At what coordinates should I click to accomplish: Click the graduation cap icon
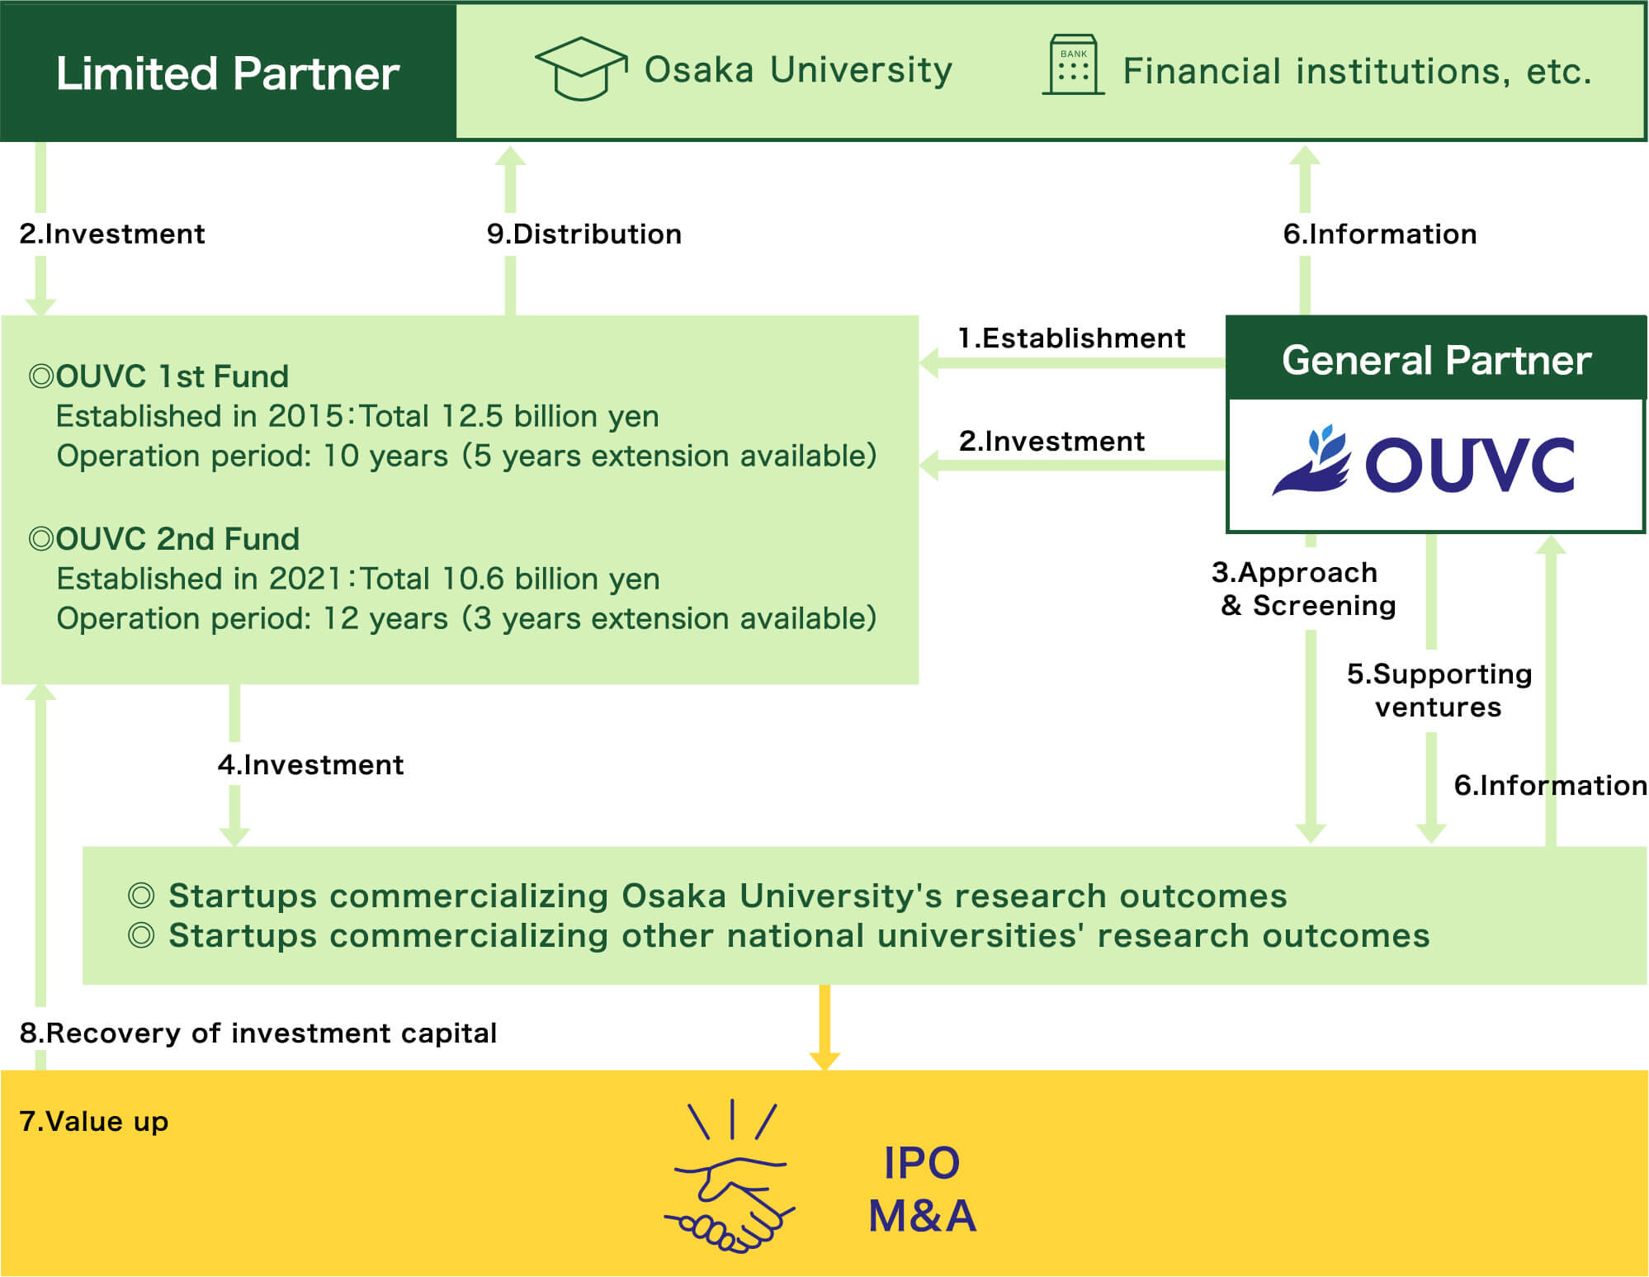click(581, 69)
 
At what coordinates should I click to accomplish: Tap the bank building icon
click(1073, 65)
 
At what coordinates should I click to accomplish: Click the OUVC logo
click(1424, 462)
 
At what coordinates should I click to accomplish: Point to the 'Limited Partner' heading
click(228, 73)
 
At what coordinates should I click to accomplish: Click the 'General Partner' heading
click(1436, 360)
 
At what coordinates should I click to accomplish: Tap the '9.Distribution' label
click(584, 234)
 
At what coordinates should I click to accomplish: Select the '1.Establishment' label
click(1071, 338)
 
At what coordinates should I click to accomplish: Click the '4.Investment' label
click(311, 765)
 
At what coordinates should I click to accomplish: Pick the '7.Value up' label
click(94, 1122)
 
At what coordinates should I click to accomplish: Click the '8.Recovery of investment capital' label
click(258, 1033)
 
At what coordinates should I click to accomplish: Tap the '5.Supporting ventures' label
click(1439, 691)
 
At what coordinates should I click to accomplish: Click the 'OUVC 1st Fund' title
click(172, 376)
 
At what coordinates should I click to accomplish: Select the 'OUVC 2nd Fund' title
click(177, 539)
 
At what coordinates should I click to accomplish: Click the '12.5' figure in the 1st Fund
click(471, 417)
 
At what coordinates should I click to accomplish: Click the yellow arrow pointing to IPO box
click(824, 1029)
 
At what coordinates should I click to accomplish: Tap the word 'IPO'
click(922, 1163)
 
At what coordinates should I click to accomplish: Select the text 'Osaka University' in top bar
click(798, 70)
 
